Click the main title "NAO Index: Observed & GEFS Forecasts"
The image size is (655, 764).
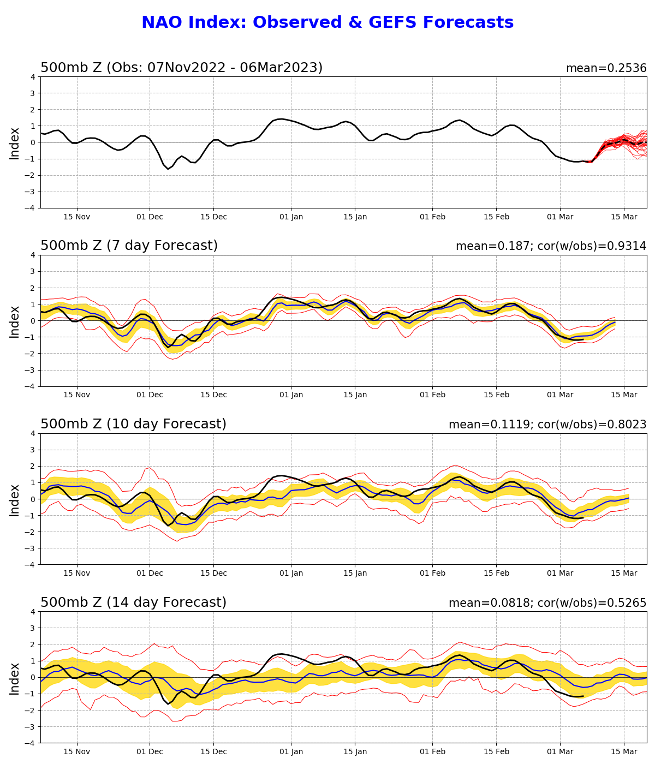coord(327,23)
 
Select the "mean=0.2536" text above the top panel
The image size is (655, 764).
coord(606,69)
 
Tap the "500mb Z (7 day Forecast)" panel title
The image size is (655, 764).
coord(129,246)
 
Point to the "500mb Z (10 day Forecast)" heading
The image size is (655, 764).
coord(133,425)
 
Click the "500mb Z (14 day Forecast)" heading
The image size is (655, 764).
coord(133,603)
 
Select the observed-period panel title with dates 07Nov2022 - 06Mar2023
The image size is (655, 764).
coord(181,68)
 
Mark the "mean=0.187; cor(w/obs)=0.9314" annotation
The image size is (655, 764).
coord(551,247)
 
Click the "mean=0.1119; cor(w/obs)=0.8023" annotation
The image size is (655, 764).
coord(547,425)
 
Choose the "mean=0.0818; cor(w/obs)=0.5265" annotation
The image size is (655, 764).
coord(547,604)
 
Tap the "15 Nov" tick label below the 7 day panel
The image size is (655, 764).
coord(77,395)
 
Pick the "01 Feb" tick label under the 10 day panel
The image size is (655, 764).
coord(432,574)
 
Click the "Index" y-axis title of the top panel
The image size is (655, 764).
coord(15,143)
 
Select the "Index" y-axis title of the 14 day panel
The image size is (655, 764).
coord(15,678)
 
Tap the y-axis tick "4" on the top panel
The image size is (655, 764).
coord(33,77)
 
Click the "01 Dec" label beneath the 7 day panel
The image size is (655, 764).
coord(150,395)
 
